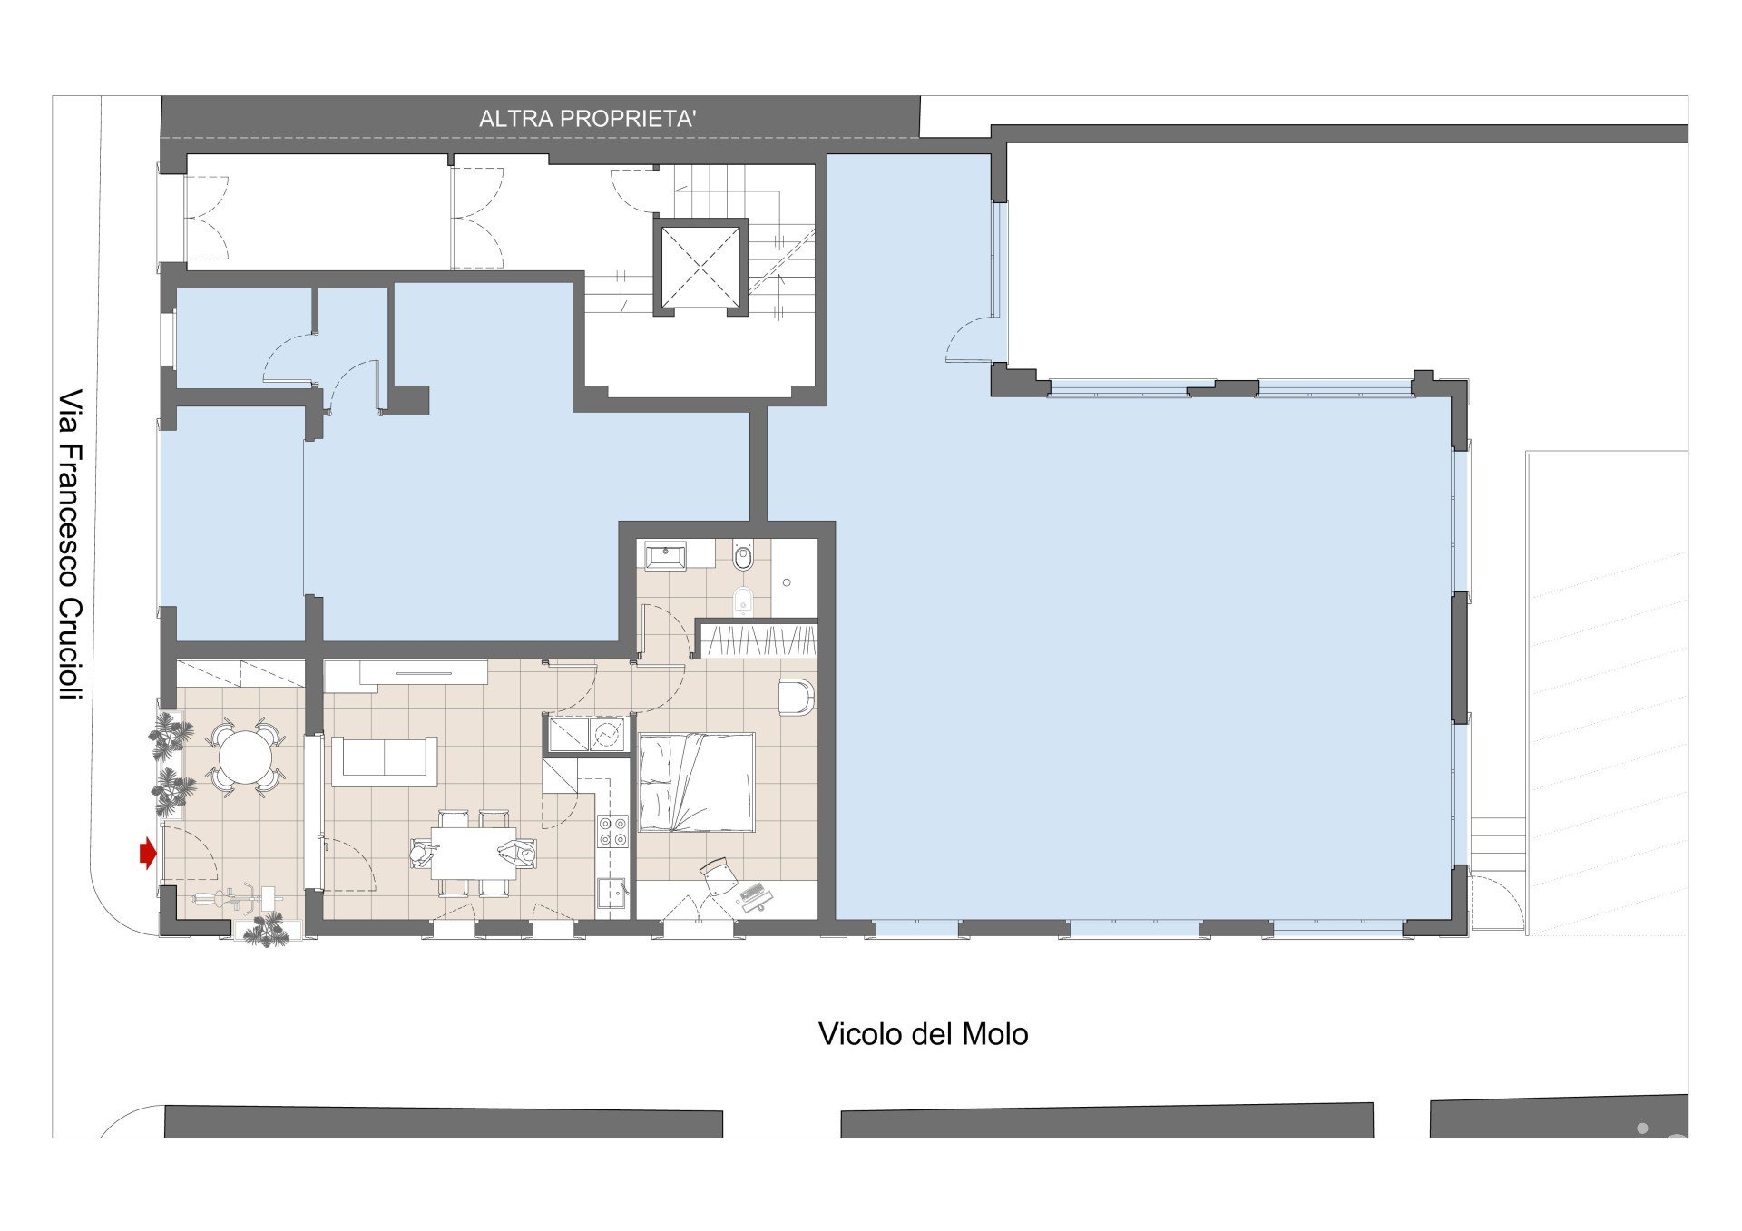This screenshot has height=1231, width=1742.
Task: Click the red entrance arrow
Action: [147, 854]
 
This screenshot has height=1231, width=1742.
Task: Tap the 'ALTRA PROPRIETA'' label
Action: [587, 119]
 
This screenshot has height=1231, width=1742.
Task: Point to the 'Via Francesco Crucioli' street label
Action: [71, 544]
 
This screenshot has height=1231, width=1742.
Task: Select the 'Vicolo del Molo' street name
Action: [923, 1034]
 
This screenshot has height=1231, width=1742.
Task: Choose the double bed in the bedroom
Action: [697, 782]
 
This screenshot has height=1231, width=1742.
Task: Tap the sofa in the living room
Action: [385, 761]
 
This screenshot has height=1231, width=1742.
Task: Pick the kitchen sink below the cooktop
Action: [613, 894]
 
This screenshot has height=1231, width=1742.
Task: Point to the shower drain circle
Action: [787, 582]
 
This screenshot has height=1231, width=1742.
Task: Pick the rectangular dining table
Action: [473, 853]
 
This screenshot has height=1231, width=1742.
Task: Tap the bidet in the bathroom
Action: [743, 601]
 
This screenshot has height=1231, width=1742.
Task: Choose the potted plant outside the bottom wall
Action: [265, 929]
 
